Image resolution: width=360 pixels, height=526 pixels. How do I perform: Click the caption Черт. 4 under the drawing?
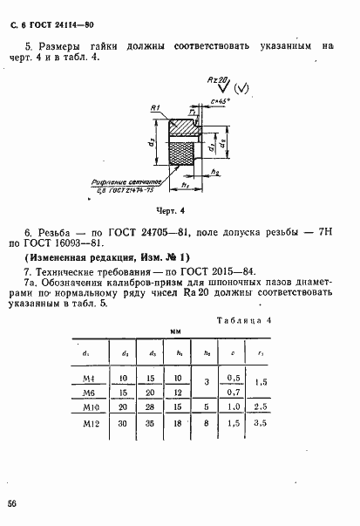click(x=183, y=211)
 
